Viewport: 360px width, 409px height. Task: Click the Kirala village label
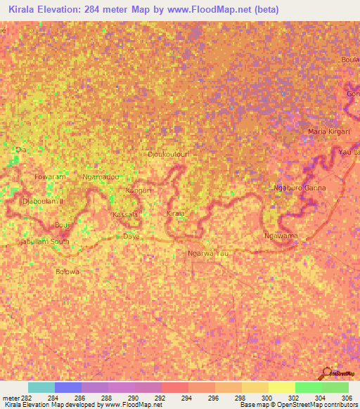[x=176, y=213]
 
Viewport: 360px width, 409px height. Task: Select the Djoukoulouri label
[x=169, y=153]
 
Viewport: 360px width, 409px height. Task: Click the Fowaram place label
[x=50, y=177]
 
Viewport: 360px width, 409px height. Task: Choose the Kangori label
[x=139, y=190]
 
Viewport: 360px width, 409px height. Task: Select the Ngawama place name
[x=280, y=236]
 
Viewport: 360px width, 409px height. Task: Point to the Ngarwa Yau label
[x=209, y=253]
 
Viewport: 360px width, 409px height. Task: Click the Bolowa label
[x=67, y=271]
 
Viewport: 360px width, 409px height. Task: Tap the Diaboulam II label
[x=43, y=201]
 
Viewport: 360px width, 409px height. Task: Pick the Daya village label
[x=131, y=236]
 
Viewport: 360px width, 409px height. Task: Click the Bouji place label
[x=62, y=225]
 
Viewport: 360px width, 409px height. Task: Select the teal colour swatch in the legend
[x=41, y=387]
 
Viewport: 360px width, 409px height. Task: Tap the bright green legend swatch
[x=308, y=387]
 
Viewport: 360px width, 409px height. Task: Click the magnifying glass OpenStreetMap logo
[x=326, y=373]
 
